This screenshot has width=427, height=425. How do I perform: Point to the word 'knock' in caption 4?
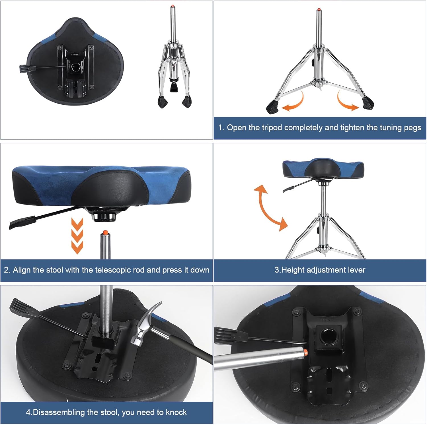click(176, 412)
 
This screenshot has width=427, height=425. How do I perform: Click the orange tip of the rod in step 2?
click(105, 232)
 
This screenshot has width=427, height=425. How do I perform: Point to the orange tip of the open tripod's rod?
click(319, 9)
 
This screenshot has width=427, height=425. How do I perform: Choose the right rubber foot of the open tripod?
click(368, 104)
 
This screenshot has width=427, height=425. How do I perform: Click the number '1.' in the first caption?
click(221, 128)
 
